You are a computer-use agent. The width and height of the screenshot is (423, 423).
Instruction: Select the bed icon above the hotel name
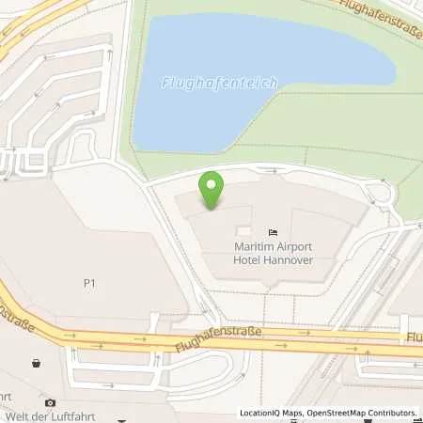point(273,232)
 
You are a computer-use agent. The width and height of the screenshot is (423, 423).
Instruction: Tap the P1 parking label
point(90,281)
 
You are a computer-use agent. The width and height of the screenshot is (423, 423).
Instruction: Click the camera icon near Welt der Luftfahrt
point(51,402)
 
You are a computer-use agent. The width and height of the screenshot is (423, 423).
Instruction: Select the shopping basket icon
point(36,362)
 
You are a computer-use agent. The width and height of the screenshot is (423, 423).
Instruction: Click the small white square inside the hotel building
point(243,230)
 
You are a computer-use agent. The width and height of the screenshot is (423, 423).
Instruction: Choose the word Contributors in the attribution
point(389,413)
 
